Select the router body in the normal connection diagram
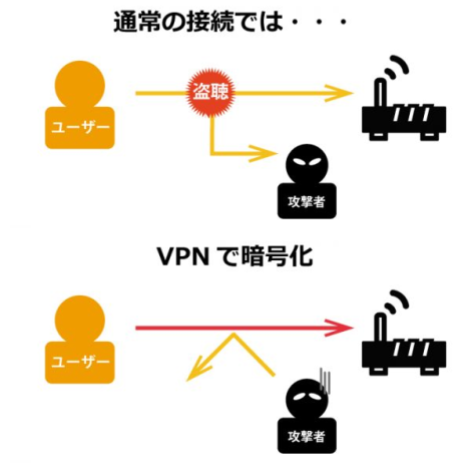click(405, 118)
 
